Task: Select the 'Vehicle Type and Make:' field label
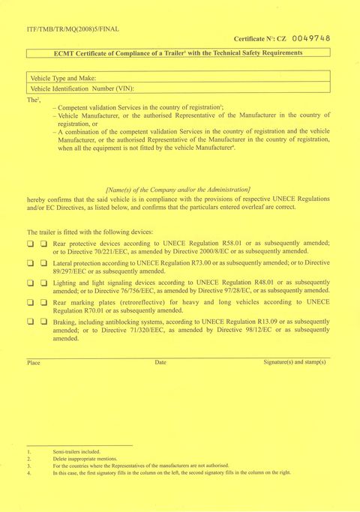click(x=63, y=78)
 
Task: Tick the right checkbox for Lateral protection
click(x=43, y=263)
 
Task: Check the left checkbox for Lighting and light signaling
click(x=31, y=283)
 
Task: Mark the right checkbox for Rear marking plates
click(x=43, y=302)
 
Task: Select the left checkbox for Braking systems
click(x=31, y=322)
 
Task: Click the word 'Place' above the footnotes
click(x=34, y=362)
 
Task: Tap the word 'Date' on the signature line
click(x=160, y=362)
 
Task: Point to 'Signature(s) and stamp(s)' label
click(x=294, y=362)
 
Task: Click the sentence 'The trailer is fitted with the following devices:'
click(x=90, y=232)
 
